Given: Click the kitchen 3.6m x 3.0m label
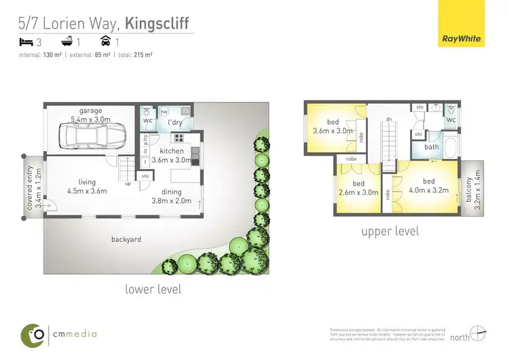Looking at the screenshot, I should [172, 155].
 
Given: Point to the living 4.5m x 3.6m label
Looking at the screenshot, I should [87, 186].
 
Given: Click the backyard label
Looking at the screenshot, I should [126, 239].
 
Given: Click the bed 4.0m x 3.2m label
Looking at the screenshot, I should [428, 185].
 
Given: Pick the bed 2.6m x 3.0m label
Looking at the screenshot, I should [358, 188].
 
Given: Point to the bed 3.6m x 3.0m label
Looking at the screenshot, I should [333, 126].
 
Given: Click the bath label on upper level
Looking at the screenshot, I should [432, 147].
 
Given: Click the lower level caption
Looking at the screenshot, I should [153, 289].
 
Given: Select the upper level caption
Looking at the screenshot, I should [390, 231].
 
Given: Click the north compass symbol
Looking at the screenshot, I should [478, 333].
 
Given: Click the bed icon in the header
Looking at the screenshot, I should [26, 41].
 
